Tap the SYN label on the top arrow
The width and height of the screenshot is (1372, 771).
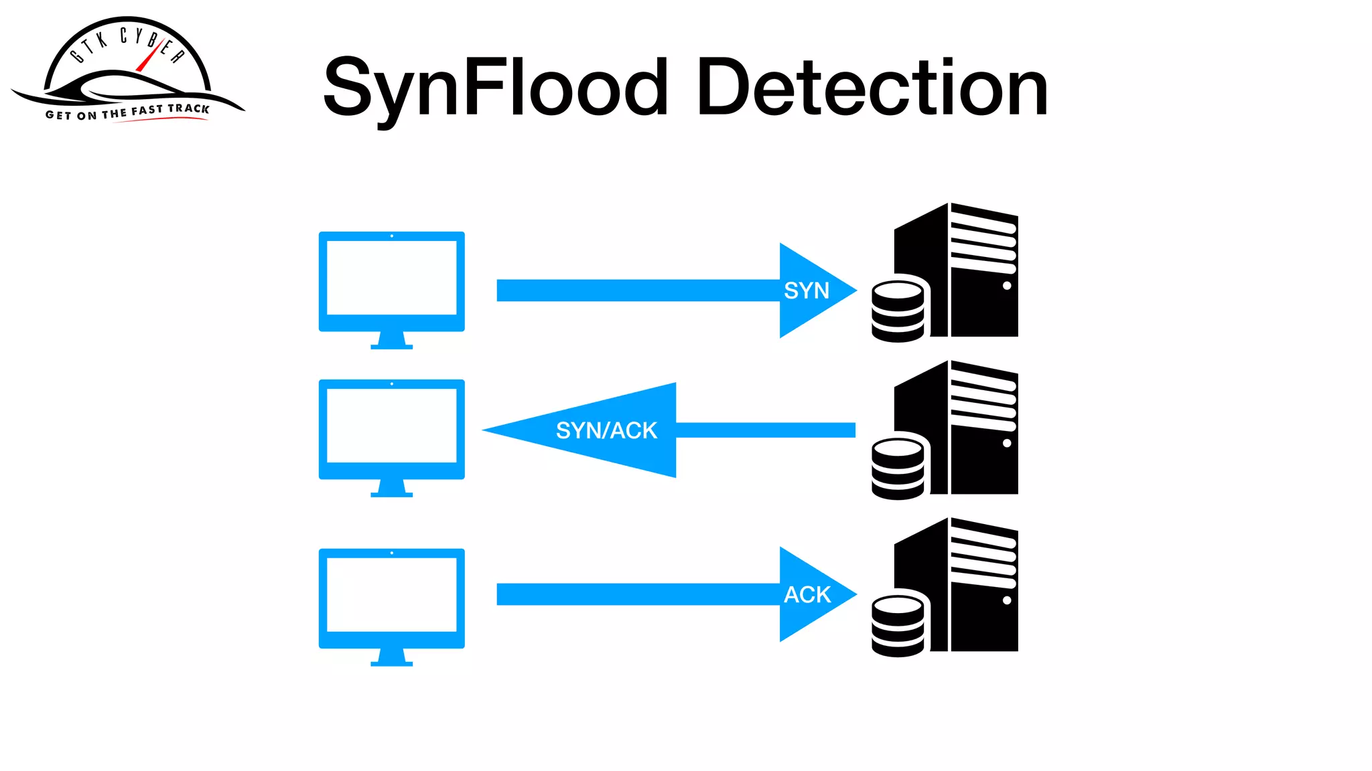807,290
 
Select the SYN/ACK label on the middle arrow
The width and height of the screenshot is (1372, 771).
606,430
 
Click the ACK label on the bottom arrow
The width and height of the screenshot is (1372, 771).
807,594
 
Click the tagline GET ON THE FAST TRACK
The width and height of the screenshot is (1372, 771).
127,112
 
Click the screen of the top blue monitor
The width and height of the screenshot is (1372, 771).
391,278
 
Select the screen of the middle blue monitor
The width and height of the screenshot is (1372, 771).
391,426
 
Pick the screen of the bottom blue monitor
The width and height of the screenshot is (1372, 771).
391,595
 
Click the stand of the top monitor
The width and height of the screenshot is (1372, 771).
391,341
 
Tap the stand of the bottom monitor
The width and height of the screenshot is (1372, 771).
391,657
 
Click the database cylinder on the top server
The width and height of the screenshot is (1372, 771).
898,311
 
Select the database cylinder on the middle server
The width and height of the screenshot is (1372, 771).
898,468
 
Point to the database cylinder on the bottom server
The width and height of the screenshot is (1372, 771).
898,626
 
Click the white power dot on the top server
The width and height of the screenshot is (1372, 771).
1007,286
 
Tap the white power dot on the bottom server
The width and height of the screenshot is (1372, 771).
1007,600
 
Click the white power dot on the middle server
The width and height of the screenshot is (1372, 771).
1007,443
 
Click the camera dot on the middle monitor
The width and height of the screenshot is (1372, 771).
391,384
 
